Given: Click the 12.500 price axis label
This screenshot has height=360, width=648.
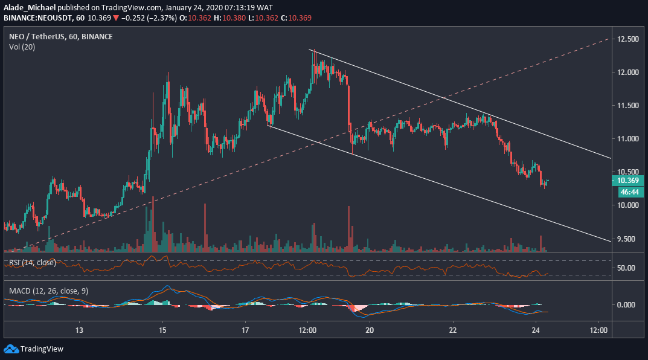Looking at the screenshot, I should coord(628,39).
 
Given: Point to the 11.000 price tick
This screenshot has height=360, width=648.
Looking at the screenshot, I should coord(628,139).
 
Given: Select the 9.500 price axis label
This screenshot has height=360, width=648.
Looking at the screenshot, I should coord(628,239).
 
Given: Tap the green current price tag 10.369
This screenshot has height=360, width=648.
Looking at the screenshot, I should coord(628,180).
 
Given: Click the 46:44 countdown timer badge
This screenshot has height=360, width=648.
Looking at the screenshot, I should coord(628,191).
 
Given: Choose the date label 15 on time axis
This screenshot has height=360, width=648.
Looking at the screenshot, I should coord(162,330).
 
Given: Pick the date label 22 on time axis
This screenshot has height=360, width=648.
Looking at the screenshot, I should coord(453,330).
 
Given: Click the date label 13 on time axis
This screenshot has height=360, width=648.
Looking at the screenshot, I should coord(79,330).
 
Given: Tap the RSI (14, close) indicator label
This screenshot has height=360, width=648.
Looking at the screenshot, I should coord(32,263).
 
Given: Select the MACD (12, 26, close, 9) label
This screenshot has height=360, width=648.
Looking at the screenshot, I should coord(48,291).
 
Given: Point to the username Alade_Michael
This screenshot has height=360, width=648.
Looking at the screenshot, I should coord(28,7).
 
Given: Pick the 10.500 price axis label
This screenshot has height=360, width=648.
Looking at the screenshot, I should coord(628,172).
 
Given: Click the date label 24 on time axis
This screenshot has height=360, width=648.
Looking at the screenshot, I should coord(536,330).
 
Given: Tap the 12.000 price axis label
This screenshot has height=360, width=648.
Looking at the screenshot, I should coord(628,72).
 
